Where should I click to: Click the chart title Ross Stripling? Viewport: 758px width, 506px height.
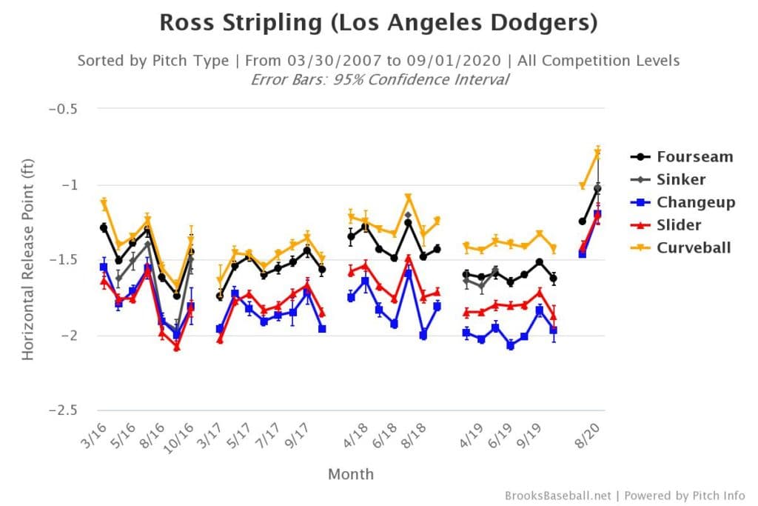378,22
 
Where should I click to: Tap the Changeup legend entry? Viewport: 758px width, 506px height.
696,202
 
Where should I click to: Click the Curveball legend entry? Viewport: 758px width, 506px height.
694,247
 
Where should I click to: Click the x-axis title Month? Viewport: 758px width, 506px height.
351,474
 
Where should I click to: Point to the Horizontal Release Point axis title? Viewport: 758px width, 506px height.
28,259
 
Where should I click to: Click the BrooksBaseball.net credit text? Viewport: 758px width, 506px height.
556,495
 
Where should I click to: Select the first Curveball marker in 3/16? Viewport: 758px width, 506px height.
104,202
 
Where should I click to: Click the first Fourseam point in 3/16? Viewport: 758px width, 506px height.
104,227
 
